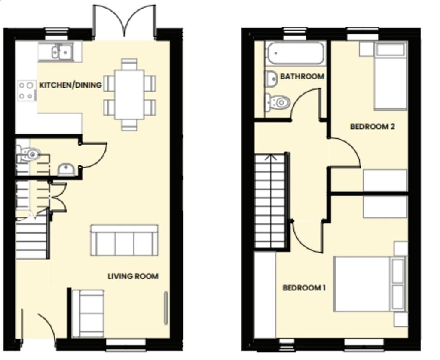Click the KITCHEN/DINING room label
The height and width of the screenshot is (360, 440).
70,85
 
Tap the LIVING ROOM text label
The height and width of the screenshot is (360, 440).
133,276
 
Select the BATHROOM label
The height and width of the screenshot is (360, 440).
302,76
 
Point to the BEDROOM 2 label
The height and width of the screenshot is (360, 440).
373,127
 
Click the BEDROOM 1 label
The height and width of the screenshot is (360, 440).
304,287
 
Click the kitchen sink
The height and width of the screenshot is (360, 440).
60,52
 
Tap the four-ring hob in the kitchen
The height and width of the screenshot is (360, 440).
27,91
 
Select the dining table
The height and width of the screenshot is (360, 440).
129,95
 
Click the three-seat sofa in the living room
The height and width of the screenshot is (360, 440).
124,240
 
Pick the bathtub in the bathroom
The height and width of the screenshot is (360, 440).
295,53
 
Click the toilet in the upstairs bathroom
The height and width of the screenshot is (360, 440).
277,102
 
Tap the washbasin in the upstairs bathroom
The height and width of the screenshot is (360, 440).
272,78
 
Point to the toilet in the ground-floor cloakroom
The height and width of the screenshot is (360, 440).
29,154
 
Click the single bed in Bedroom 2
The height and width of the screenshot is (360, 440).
391,76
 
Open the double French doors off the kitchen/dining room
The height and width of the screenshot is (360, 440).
124,22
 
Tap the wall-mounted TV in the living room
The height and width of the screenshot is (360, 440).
166,308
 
